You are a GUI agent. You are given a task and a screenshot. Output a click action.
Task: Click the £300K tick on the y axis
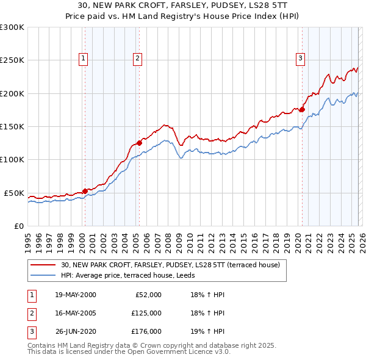[12, 27]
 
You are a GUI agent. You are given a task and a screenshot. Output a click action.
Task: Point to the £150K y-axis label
[12, 127]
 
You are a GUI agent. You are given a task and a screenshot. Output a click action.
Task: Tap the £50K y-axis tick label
[14, 193]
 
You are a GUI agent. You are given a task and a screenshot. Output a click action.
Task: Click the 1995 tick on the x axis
[27, 237]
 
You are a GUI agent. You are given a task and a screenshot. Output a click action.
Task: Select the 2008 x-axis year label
[168, 237]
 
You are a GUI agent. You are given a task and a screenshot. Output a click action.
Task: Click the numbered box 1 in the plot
[83, 59]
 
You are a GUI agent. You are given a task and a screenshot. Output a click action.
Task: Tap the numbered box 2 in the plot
[138, 59]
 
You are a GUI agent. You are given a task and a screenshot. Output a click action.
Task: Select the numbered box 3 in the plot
[301, 59]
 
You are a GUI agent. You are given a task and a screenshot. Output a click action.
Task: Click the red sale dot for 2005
[139, 143]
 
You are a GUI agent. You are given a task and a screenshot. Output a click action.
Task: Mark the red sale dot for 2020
[302, 109]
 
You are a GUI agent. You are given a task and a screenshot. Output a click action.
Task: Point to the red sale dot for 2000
[85, 191]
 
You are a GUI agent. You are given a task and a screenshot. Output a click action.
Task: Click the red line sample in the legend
[43, 265]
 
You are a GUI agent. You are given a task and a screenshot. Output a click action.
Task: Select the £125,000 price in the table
[146, 313]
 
